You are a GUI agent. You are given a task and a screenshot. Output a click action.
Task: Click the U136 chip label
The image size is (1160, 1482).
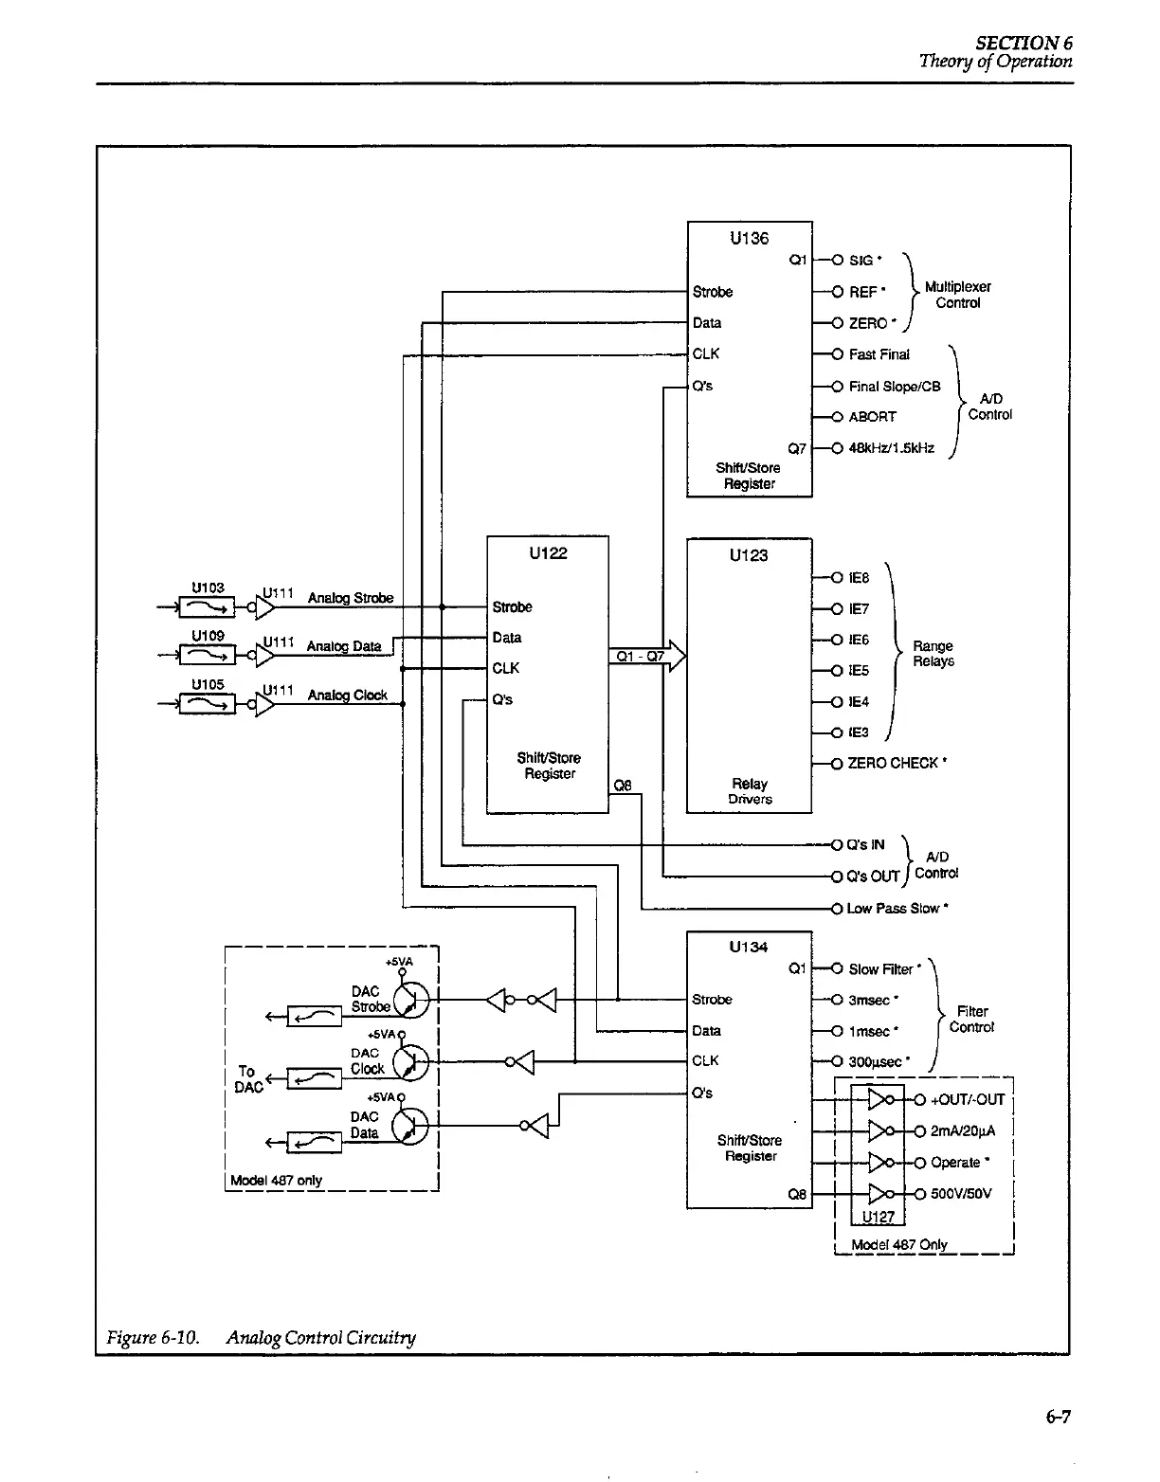tap(749, 239)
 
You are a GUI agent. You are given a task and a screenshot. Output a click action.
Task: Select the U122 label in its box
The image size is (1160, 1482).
tap(548, 553)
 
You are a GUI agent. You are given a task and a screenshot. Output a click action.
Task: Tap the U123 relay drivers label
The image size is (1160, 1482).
tap(749, 555)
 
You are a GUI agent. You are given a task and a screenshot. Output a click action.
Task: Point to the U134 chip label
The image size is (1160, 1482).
tap(749, 947)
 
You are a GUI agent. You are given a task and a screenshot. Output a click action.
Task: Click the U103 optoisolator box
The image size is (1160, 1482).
tap(208, 605)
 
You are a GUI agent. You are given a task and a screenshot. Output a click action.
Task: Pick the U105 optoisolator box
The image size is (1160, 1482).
tap(208, 702)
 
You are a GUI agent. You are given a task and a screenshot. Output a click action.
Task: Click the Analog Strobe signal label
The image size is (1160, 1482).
tap(350, 598)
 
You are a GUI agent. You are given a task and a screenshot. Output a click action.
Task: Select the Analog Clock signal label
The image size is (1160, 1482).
tap(347, 696)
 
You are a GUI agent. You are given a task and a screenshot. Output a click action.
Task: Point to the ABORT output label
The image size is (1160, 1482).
tap(872, 417)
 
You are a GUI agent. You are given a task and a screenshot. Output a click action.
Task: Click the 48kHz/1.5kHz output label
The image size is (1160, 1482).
tap(891, 448)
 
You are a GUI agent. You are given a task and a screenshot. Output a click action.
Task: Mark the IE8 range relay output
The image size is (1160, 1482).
tap(859, 578)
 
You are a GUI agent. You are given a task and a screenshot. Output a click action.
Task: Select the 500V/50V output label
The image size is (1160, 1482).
tap(961, 1194)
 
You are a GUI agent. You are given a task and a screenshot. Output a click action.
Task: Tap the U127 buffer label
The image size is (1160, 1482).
tap(879, 1218)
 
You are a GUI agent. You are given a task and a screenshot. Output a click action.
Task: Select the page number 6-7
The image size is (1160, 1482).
tap(1058, 1418)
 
